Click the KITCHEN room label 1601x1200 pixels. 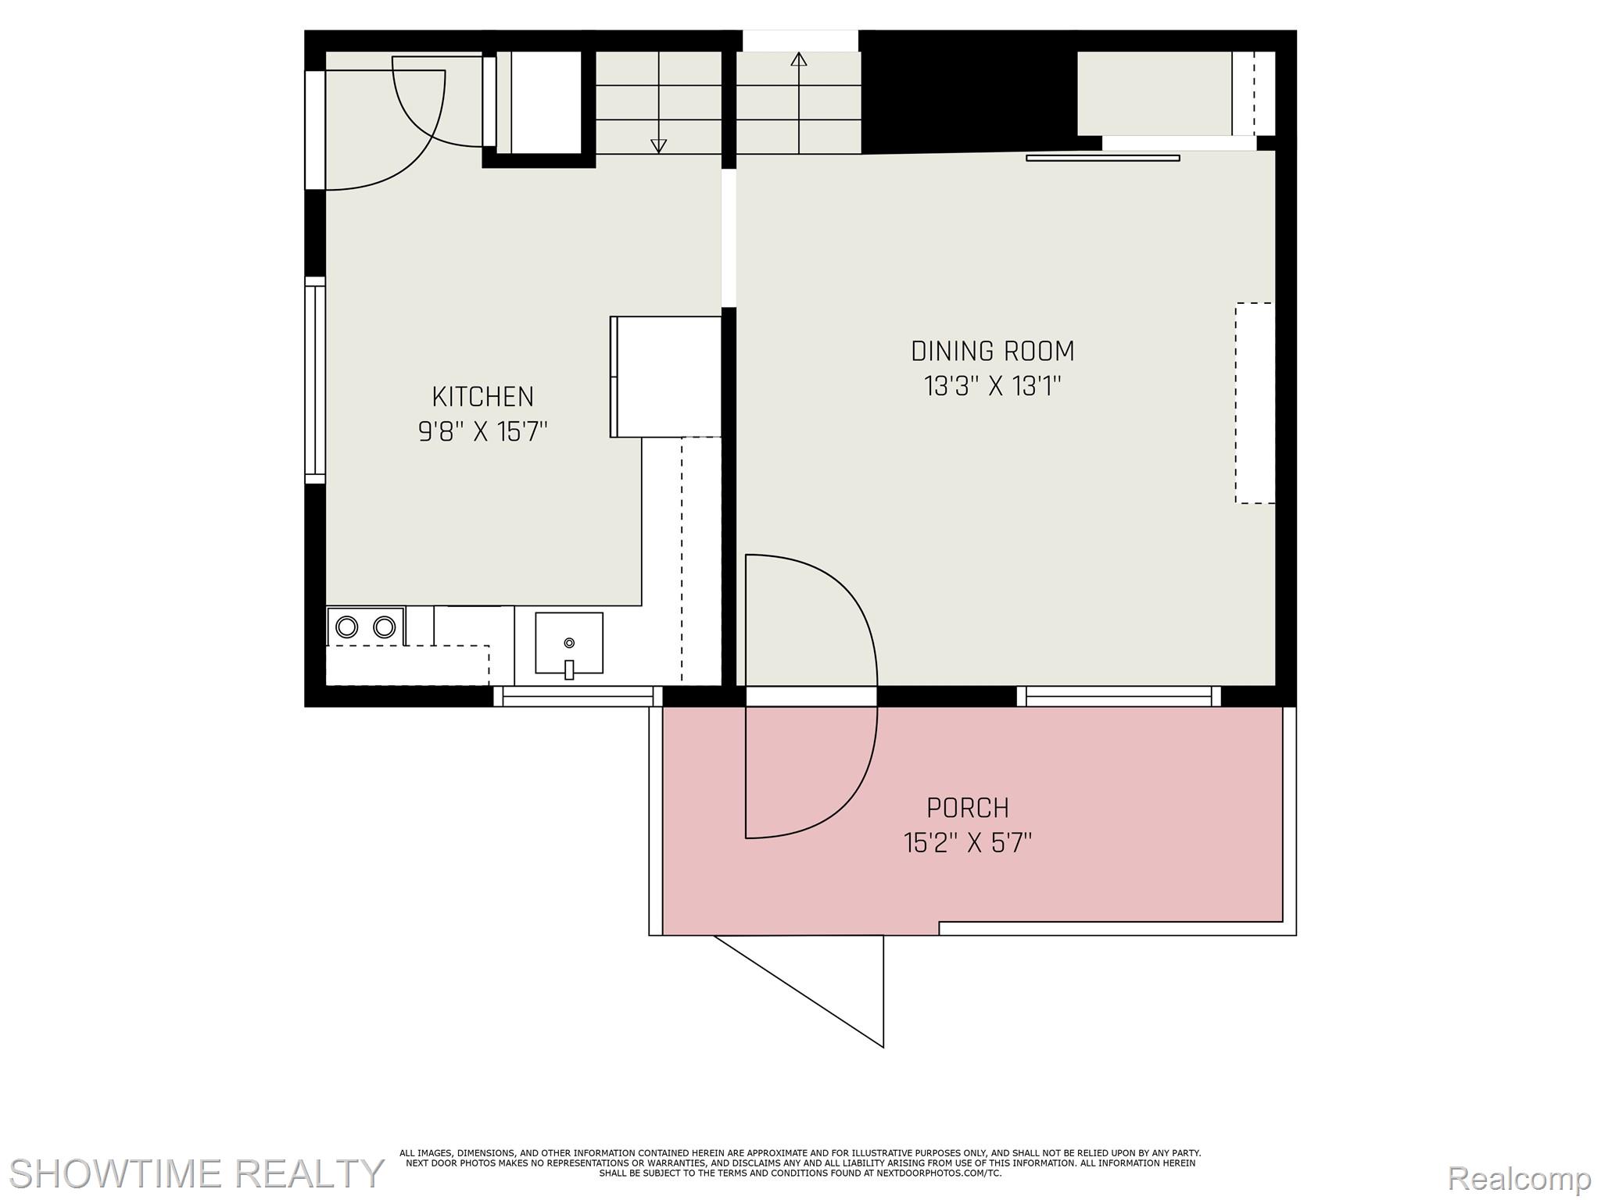482,397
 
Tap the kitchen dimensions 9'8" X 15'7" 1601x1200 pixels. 482,431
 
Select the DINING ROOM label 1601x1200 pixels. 992,352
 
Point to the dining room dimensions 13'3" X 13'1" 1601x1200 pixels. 992,386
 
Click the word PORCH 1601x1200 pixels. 967,807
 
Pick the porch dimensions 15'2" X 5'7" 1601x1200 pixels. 967,843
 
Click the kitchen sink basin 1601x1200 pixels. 568,642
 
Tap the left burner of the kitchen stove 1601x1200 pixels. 346,627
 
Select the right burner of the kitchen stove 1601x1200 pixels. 384,627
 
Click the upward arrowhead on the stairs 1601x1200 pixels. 798,59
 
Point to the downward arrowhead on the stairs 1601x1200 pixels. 658,145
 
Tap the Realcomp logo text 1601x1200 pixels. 1519,1177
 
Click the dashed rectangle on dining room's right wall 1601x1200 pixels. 1255,402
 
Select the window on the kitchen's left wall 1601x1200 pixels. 314,380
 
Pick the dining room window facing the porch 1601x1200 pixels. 1118,696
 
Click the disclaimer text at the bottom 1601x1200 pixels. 800,1162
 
